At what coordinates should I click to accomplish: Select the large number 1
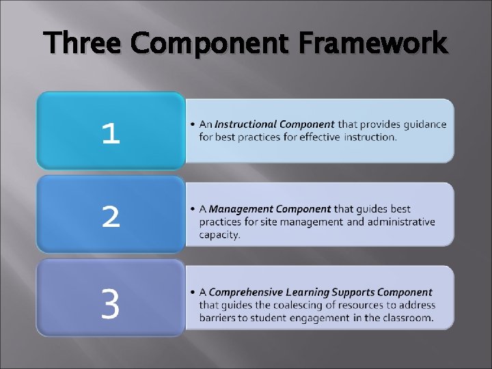(111, 133)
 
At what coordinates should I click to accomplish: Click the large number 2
(111, 217)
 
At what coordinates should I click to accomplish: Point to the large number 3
(111, 304)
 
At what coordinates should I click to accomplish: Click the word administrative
(401, 221)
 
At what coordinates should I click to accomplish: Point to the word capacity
(219, 234)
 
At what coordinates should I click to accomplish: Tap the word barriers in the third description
(217, 318)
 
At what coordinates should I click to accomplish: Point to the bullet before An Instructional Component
(194, 124)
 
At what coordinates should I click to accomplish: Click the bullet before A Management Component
(194, 209)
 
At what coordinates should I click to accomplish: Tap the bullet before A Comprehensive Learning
(194, 292)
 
